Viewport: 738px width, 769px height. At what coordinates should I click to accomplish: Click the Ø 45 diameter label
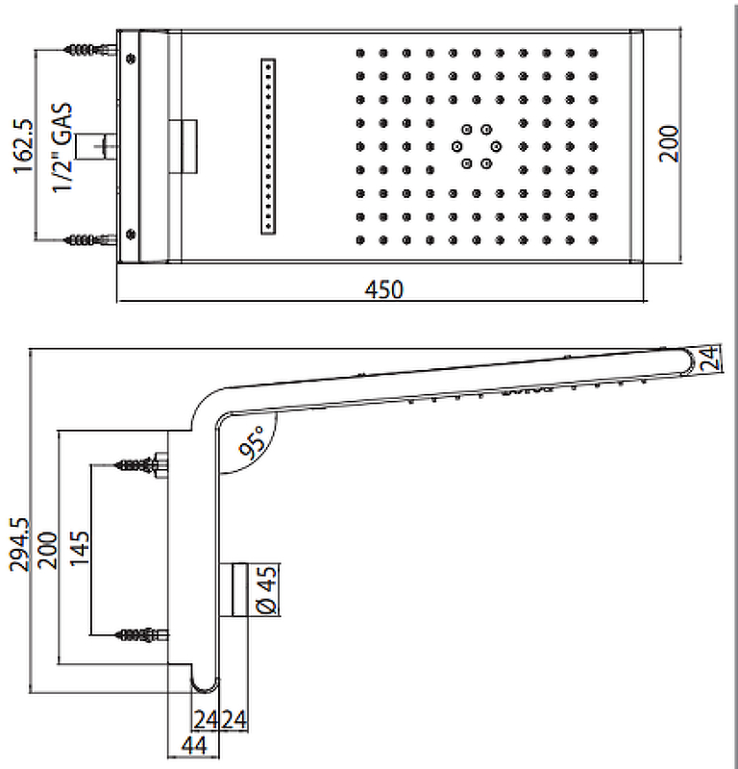coord(268,589)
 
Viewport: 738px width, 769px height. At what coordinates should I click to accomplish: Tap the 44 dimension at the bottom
coord(194,746)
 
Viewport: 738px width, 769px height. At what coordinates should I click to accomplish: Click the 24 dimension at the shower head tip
coord(707,359)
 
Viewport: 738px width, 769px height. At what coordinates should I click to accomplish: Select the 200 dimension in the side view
coord(46,548)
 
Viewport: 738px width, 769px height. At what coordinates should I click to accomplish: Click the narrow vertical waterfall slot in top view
coord(268,145)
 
